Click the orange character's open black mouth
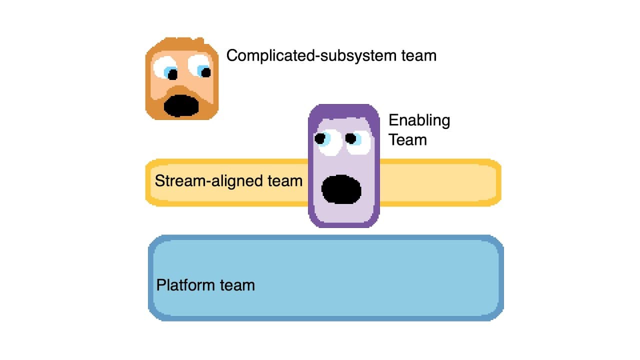181,105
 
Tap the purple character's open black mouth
341,189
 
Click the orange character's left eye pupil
172,74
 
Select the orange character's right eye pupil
205,72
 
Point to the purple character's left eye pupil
320,138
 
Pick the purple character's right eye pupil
351,138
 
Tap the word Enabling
419,121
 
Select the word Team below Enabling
407,139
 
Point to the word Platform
187,285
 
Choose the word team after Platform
238,285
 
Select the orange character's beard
207,105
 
